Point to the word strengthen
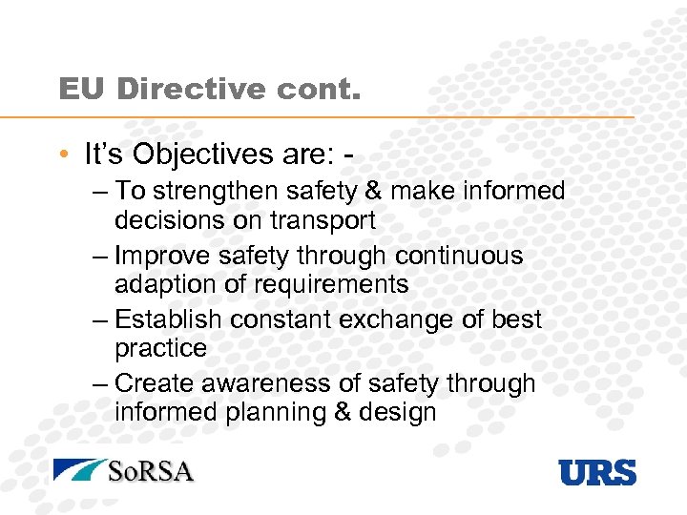(x=219, y=192)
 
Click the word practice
(x=160, y=348)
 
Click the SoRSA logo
(x=123, y=470)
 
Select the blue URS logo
(x=597, y=471)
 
